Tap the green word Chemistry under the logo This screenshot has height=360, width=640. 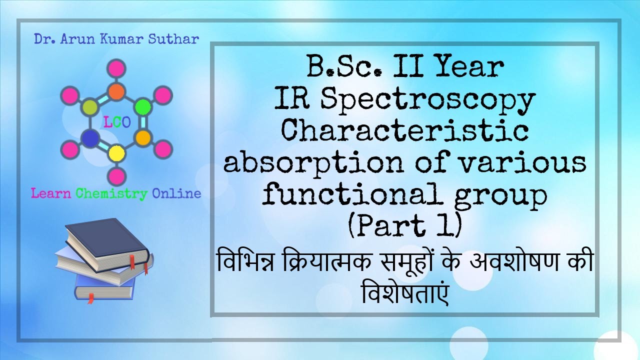coord(111,193)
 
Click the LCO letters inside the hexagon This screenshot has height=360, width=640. coord(116,122)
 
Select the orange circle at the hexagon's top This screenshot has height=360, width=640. coord(116,91)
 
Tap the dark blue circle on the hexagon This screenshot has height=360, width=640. coord(89,137)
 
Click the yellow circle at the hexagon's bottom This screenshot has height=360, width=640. coord(116,152)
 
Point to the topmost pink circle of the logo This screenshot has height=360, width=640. coord(116,68)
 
